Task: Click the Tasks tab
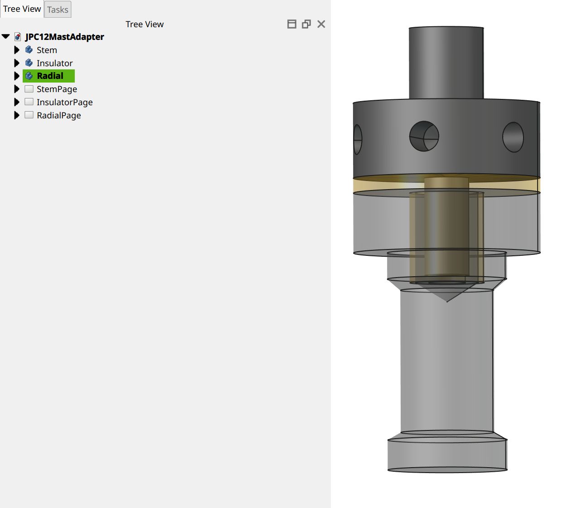coord(58,10)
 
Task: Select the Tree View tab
coord(22,9)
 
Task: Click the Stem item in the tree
coord(47,50)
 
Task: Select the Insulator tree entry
coord(54,63)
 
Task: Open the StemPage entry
coord(57,89)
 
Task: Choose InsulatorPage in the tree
coord(65,102)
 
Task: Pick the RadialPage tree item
coord(59,115)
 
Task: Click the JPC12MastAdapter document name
coord(65,37)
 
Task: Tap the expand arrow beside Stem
coord(17,50)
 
